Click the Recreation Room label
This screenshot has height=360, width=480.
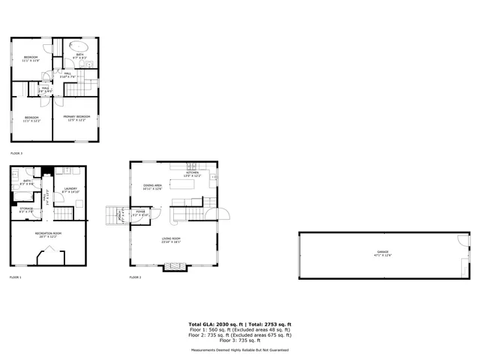click(49, 234)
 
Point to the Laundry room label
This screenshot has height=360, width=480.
click(70, 190)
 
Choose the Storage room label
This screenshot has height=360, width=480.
click(26, 210)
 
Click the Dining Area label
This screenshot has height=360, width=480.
click(152, 187)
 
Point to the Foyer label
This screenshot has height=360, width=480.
click(140, 213)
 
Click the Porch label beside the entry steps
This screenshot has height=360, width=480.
click(120, 215)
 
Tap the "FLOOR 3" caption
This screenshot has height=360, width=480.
click(16, 154)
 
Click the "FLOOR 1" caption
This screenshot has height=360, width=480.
click(16, 277)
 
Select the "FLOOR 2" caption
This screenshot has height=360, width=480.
click(136, 277)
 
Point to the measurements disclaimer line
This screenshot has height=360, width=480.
click(239, 349)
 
